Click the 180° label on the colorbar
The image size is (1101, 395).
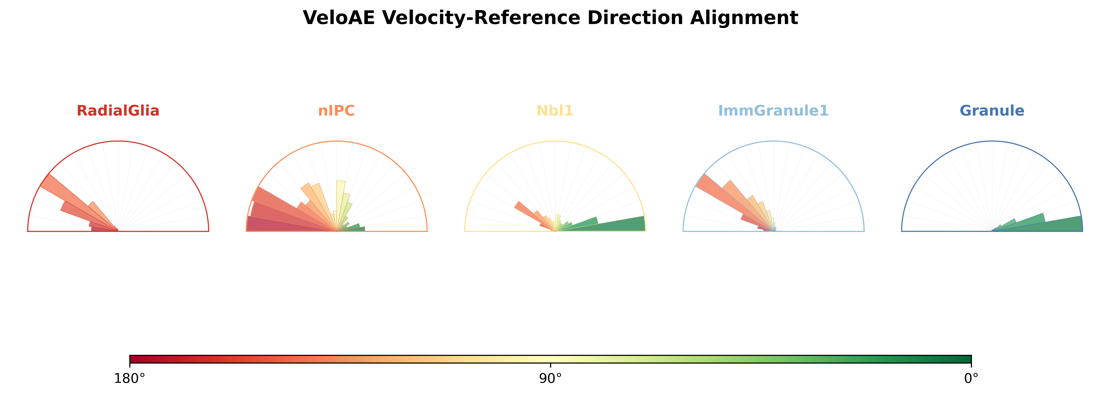click(130, 378)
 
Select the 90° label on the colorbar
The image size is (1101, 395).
click(551, 378)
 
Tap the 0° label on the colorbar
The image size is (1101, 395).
click(971, 378)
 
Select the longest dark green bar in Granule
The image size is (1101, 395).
click(1038, 224)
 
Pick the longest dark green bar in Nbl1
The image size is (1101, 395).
click(600, 224)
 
